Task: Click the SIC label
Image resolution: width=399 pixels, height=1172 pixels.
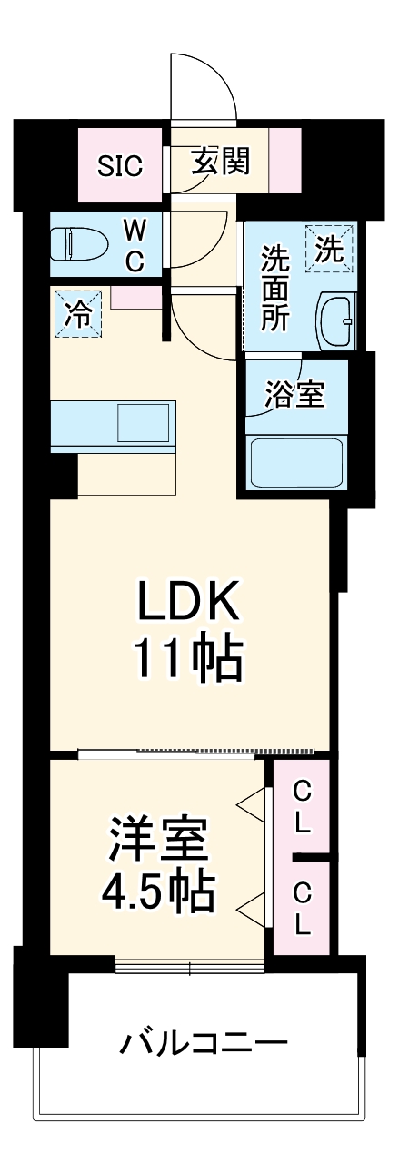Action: (x=120, y=166)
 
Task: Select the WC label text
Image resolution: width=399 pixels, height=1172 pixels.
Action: (x=134, y=245)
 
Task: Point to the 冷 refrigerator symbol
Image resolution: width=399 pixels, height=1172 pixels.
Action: (x=79, y=313)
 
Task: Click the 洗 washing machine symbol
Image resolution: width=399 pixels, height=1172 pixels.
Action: (x=330, y=248)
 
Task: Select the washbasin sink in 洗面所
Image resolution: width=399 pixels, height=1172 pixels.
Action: (x=335, y=321)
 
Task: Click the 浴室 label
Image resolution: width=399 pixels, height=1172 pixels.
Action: (x=293, y=395)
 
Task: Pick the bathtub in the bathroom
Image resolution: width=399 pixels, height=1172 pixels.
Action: (x=296, y=463)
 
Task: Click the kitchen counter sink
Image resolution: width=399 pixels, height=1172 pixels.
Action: (x=143, y=422)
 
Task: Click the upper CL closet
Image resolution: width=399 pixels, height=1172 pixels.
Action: (x=303, y=809)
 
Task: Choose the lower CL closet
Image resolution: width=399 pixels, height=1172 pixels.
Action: (x=303, y=908)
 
